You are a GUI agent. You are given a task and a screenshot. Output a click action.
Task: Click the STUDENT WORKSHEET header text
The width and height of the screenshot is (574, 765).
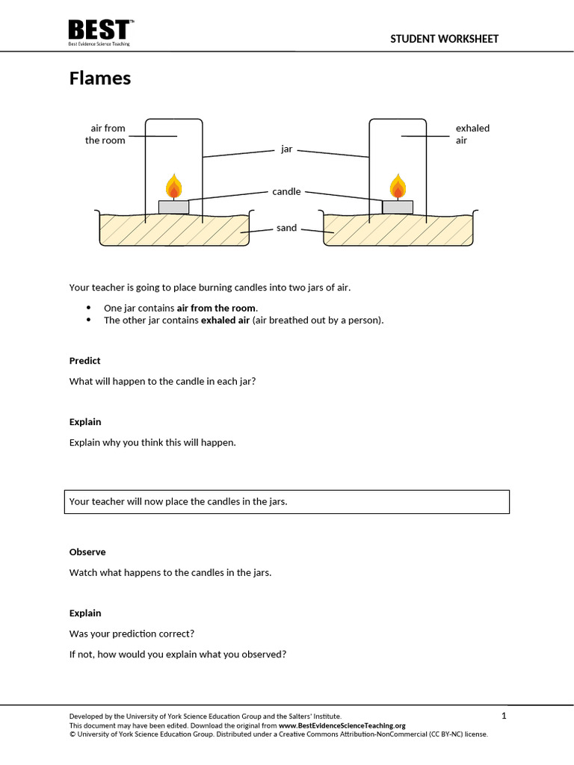(x=444, y=39)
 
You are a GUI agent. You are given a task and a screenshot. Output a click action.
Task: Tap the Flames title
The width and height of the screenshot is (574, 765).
(x=100, y=78)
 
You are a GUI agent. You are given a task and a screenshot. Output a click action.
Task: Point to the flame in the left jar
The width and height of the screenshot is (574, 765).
(x=173, y=187)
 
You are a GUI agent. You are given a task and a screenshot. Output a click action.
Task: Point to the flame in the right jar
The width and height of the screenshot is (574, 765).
(x=398, y=187)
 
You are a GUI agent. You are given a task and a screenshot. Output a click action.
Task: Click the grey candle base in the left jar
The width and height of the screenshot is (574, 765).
(x=173, y=207)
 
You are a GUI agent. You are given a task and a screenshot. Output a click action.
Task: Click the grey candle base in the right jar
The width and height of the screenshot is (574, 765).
(x=398, y=207)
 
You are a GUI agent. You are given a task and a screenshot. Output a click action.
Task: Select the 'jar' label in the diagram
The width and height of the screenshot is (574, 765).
(x=286, y=149)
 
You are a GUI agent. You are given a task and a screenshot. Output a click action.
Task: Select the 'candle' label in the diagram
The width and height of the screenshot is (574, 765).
(x=286, y=191)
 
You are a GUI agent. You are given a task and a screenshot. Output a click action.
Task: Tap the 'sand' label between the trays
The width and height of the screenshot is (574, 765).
(x=286, y=228)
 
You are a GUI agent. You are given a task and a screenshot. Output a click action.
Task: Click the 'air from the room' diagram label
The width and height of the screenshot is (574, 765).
(x=105, y=134)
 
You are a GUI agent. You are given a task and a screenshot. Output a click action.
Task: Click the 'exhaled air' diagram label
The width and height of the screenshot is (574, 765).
(x=472, y=134)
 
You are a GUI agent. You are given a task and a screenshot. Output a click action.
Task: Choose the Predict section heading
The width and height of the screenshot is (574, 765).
(x=84, y=361)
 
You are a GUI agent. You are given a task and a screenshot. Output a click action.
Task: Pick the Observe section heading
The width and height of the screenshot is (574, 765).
(x=87, y=552)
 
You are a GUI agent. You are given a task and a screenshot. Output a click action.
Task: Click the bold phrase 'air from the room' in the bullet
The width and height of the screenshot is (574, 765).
(x=217, y=308)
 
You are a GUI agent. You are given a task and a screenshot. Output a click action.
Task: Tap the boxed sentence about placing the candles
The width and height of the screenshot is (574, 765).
(x=288, y=501)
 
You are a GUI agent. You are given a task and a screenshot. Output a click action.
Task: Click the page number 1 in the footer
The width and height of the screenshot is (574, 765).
(x=504, y=716)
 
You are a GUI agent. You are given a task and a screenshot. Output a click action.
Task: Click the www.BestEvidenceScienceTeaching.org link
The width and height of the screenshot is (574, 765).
(x=342, y=725)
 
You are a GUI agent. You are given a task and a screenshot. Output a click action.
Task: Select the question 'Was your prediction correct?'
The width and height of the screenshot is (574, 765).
(x=132, y=634)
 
